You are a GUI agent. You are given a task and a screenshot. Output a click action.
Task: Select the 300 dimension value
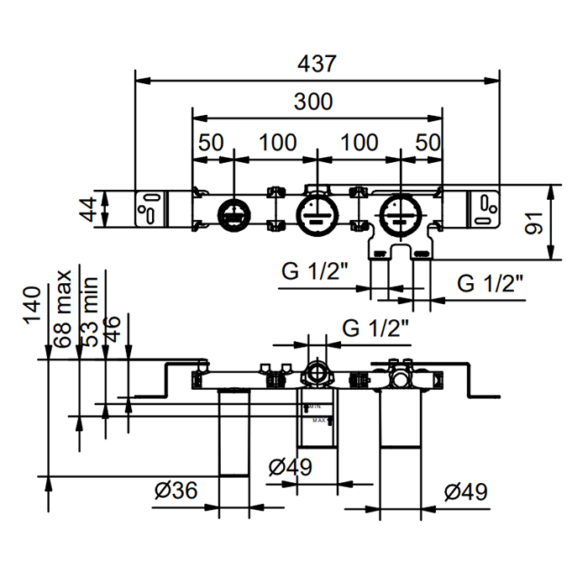(313, 102)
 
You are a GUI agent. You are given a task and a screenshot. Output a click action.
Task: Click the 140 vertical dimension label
(33, 305)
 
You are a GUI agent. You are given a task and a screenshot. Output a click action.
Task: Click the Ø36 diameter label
(176, 490)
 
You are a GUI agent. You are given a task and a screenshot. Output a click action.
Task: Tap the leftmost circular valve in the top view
(232, 213)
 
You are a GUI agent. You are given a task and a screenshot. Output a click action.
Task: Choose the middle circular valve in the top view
(317, 213)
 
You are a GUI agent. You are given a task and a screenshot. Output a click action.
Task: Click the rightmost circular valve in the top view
(400, 213)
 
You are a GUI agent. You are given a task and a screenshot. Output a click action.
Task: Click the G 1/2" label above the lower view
(375, 328)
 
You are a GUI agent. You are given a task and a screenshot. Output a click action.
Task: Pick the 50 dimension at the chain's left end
(211, 143)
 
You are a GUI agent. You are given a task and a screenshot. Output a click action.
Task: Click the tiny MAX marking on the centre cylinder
(319, 420)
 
